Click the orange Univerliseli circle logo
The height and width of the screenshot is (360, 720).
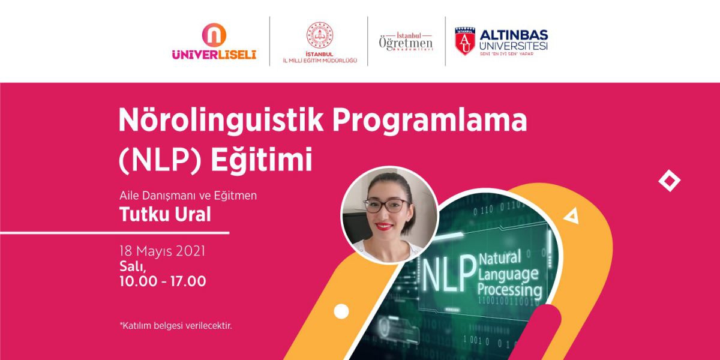tap(214, 35)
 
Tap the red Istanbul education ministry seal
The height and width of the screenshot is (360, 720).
tap(319, 35)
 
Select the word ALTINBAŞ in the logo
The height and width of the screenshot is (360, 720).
tap(514, 35)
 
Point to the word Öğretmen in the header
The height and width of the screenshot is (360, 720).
tap(406, 44)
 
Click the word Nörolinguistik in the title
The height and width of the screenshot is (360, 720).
tap(221, 121)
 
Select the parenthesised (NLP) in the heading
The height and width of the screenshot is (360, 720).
tap(160, 160)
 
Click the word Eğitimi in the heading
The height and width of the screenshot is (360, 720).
tap(262, 160)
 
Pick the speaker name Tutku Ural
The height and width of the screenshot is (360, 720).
tap(165, 214)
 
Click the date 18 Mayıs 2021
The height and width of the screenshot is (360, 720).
tap(163, 251)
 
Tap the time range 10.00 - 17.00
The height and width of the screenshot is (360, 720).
tap(163, 281)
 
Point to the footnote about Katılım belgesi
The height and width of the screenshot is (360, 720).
tap(175, 326)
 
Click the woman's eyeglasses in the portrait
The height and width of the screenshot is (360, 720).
tap(386, 206)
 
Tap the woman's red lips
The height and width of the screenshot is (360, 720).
tap(385, 227)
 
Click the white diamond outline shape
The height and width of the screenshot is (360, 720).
tap(669, 181)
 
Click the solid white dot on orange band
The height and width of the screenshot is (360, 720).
tap(341, 311)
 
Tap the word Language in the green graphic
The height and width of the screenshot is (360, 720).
tap(508, 274)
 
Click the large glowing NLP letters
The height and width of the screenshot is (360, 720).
tap(448, 273)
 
